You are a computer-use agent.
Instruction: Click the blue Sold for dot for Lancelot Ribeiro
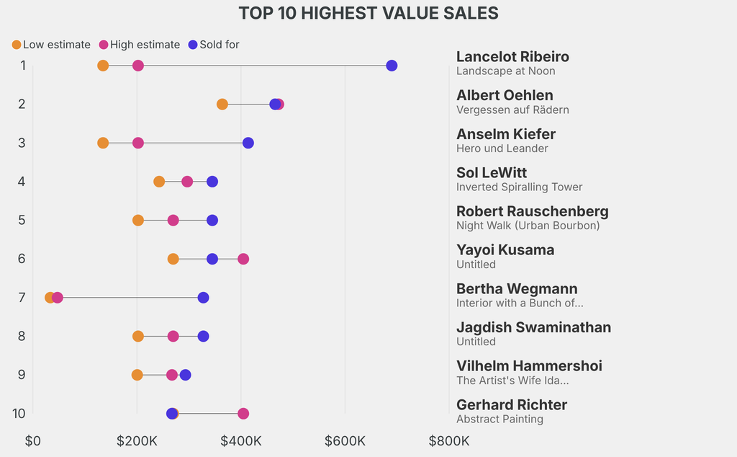click(392, 66)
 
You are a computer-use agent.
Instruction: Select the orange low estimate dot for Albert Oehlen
click(222, 105)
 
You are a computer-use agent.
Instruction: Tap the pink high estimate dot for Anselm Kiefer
click(138, 143)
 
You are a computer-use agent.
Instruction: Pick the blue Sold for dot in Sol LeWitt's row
click(212, 182)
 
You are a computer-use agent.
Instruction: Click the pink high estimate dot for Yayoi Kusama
click(243, 259)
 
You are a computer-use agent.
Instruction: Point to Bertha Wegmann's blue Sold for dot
click(204, 298)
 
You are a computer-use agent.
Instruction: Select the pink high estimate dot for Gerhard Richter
click(243, 414)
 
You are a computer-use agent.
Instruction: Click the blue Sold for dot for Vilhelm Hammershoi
click(186, 375)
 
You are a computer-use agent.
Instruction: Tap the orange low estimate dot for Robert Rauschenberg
click(138, 220)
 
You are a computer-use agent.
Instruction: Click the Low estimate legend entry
click(51, 45)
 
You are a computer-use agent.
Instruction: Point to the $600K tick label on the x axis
click(345, 441)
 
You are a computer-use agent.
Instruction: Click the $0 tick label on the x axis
click(33, 441)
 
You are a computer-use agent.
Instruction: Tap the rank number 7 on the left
click(22, 298)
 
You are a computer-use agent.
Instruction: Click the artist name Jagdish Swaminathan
click(533, 327)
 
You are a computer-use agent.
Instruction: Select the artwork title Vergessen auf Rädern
click(512, 110)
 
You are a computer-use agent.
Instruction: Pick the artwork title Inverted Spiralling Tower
click(519, 187)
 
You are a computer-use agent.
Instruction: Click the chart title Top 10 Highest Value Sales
click(368, 13)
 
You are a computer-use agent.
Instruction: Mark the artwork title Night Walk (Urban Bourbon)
click(528, 226)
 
